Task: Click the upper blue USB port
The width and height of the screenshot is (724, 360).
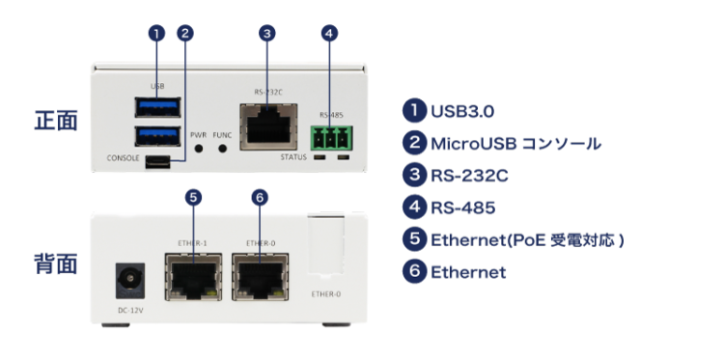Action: pyautogui.click(x=157, y=107)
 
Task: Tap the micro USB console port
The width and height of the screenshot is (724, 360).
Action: pyautogui.click(x=157, y=162)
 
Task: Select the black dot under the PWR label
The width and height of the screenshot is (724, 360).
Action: pyautogui.click(x=199, y=149)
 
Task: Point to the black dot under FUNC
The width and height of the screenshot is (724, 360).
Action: pyautogui.click(x=223, y=149)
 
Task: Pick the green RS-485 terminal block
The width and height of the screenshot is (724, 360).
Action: pyautogui.click(x=331, y=138)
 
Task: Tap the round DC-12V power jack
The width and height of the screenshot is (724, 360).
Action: pyautogui.click(x=129, y=280)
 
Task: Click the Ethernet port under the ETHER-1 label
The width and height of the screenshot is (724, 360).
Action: pyautogui.click(x=193, y=276)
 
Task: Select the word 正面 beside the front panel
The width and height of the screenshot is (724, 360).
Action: pyautogui.click(x=56, y=121)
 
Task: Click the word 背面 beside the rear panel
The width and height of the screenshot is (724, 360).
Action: pyautogui.click(x=56, y=264)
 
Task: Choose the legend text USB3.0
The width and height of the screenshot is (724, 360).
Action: pyautogui.click(x=462, y=111)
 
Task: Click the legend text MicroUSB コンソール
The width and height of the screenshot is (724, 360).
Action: pyautogui.click(x=515, y=144)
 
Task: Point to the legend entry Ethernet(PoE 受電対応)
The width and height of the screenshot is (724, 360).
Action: pyautogui.click(x=527, y=240)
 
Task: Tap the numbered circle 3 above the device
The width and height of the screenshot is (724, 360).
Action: pyautogui.click(x=266, y=33)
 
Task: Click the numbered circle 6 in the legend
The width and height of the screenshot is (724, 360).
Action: pyautogui.click(x=415, y=271)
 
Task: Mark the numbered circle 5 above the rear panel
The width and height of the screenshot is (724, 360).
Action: pyautogui.click(x=193, y=198)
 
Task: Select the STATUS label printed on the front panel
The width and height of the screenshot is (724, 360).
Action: pyautogui.click(x=293, y=157)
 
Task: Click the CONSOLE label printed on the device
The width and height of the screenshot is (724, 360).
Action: pyautogui.click(x=123, y=158)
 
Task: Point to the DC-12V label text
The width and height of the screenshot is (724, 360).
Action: pyautogui.click(x=130, y=311)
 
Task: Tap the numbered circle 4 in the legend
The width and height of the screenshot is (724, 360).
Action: pyautogui.click(x=415, y=208)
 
